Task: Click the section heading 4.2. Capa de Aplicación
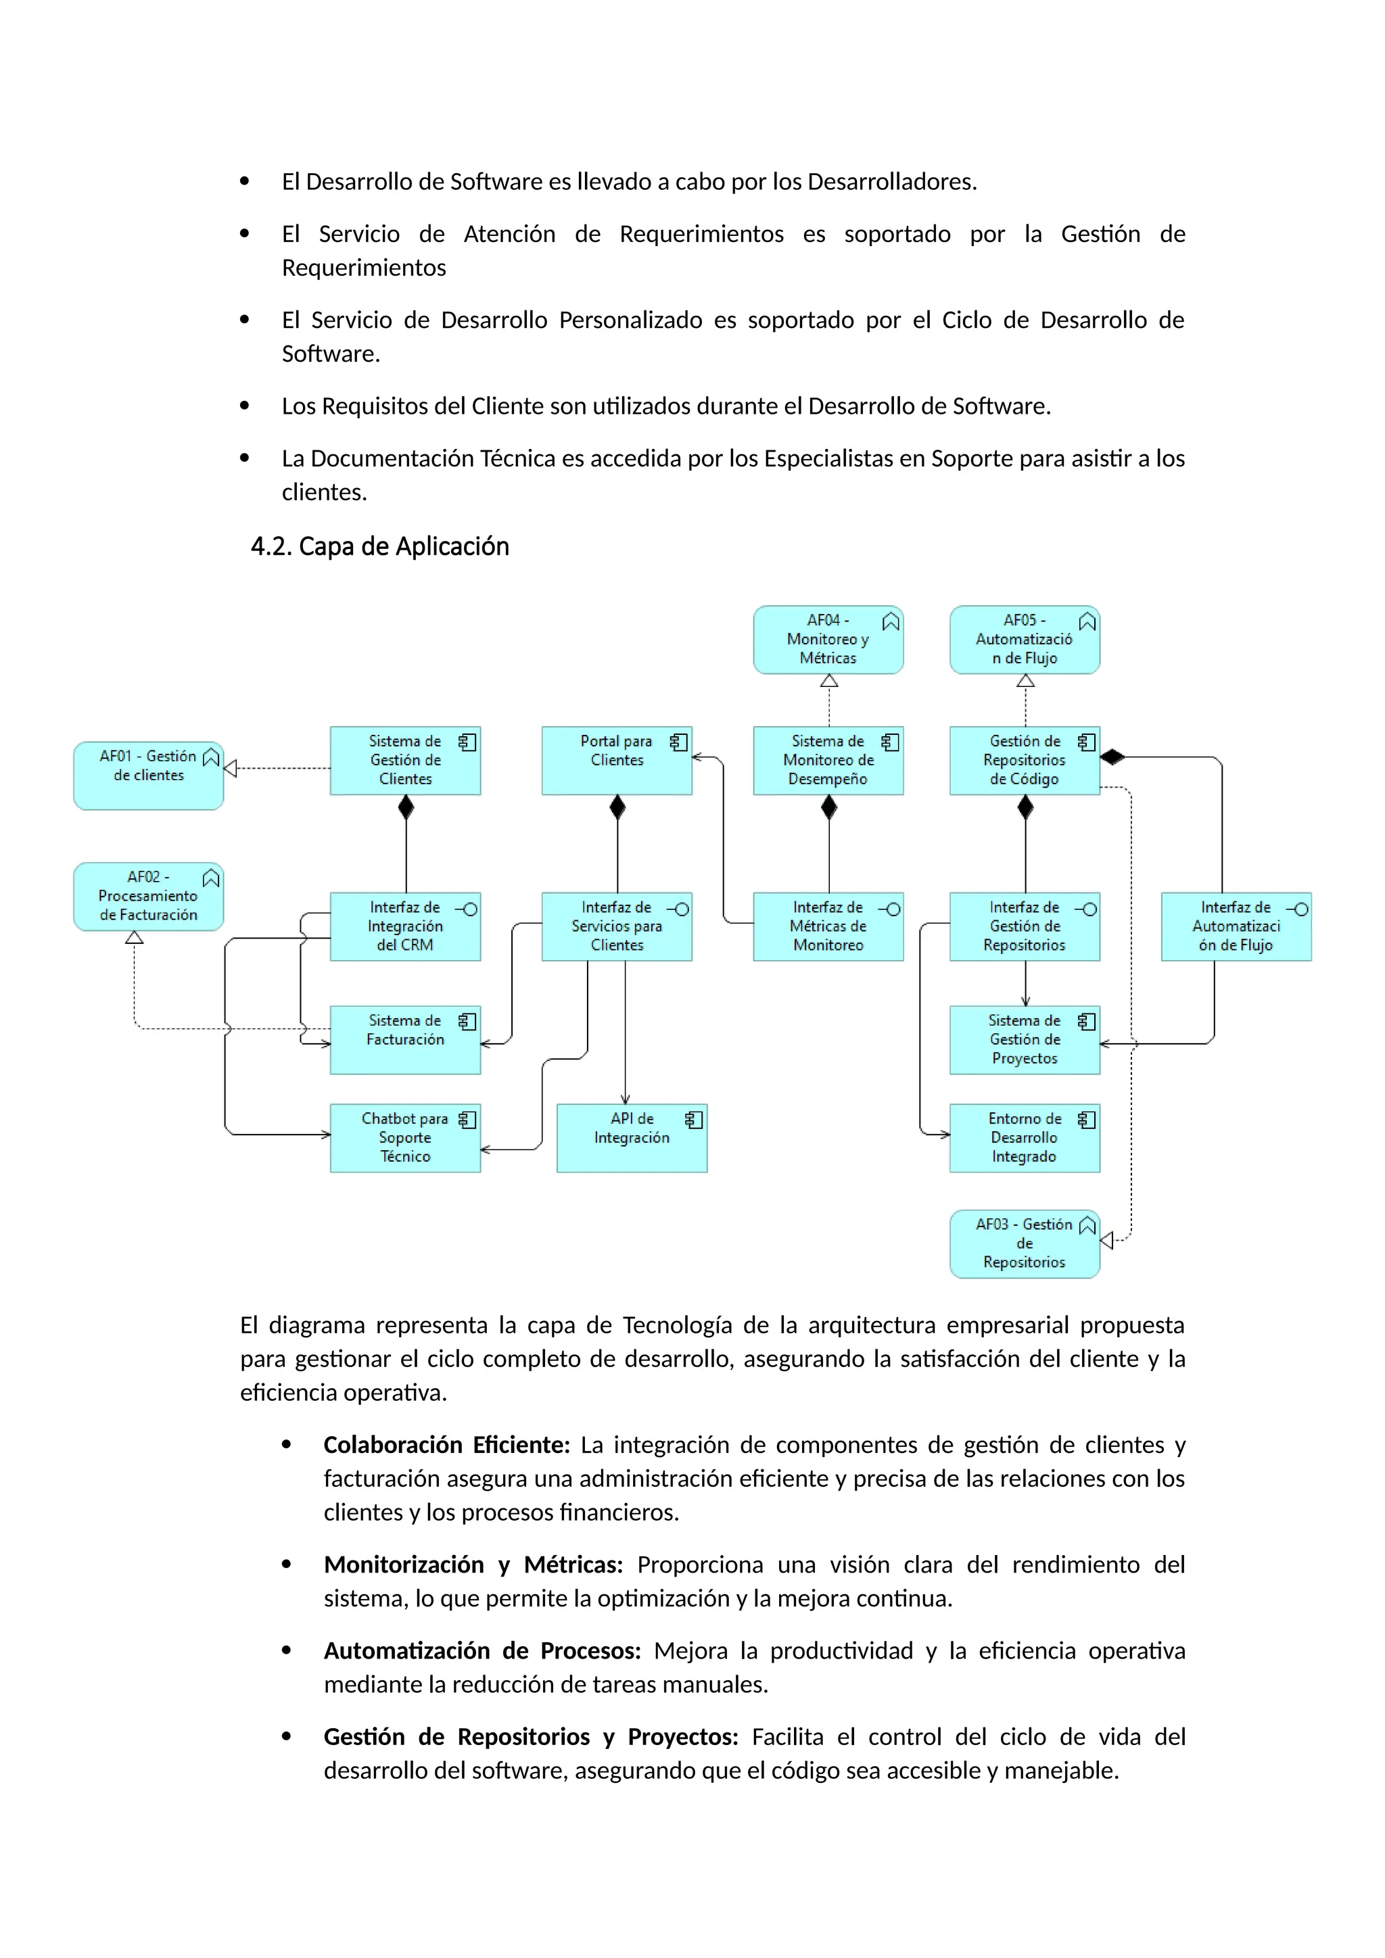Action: point(379,547)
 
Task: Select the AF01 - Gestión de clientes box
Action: point(148,775)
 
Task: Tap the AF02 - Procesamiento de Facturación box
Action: point(148,897)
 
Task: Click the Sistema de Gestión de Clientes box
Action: point(405,761)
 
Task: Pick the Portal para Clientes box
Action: point(617,761)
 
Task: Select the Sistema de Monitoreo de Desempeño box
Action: point(828,761)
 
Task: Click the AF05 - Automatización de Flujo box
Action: point(1025,640)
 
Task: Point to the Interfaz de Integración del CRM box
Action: point(405,927)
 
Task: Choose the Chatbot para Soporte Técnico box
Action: point(405,1138)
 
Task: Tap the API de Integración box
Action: point(632,1138)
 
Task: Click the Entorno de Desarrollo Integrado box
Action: point(1025,1138)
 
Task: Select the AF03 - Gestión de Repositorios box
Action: point(1025,1243)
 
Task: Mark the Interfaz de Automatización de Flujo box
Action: point(1236,927)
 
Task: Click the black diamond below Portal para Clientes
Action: point(617,807)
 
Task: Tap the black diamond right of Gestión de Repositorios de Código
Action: point(1112,757)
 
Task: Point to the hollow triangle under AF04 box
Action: point(829,681)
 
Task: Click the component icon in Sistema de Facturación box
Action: point(467,1022)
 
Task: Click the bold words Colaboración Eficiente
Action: point(446,1445)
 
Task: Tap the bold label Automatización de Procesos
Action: point(482,1650)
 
